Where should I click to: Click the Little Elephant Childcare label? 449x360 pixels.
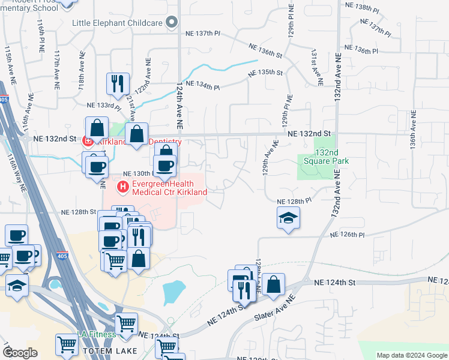tap(118, 23)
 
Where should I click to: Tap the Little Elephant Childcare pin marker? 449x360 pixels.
tap(172, 23)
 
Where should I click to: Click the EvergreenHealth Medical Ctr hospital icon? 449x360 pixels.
tap(123, 188)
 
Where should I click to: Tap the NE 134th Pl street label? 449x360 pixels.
tap(203, 86)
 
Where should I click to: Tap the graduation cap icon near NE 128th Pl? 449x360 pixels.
tap(289, 218)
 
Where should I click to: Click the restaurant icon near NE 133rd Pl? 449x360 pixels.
tap(117, 83)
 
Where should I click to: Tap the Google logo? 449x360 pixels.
tap(20, 353)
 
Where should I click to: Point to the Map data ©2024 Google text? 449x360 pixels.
tap(411, 355)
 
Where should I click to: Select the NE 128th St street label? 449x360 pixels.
tap(79, 212)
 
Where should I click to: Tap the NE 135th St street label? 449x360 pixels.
tap(266, 73)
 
